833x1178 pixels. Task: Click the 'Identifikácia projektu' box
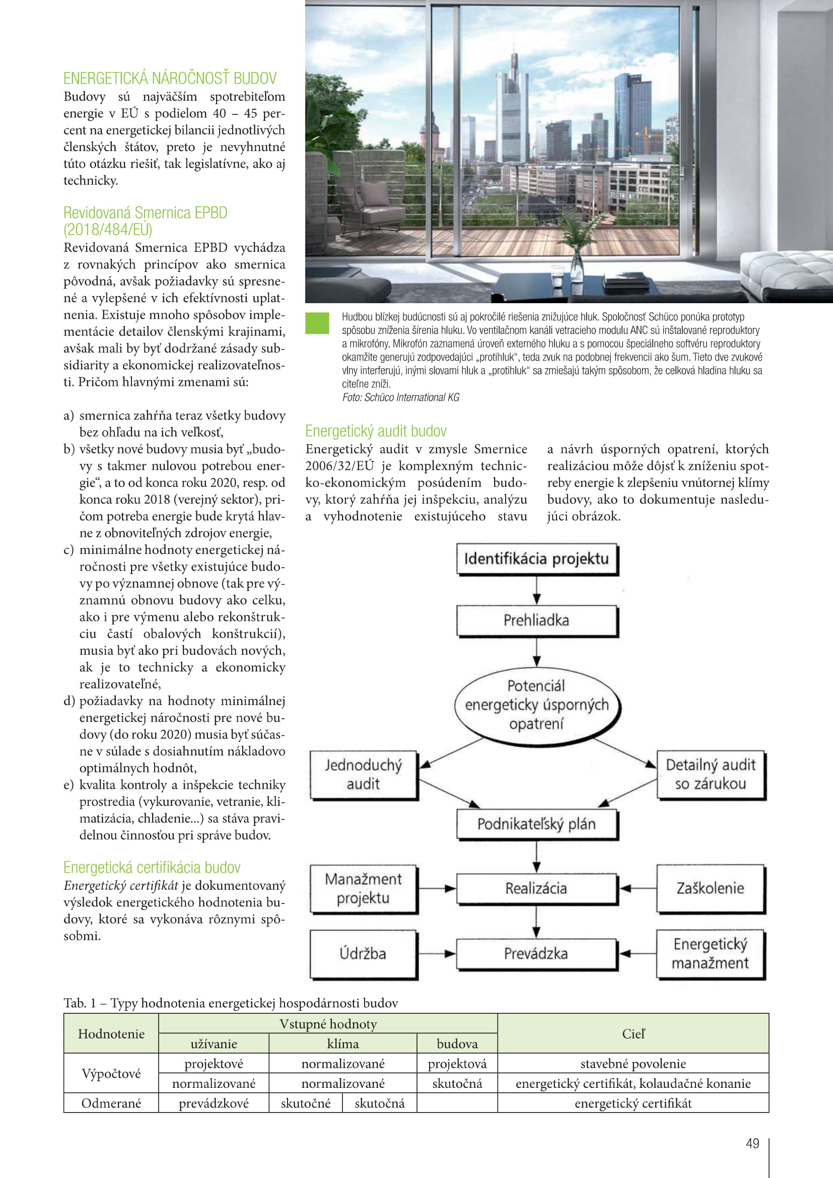coord(536,559)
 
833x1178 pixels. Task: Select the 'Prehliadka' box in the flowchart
coord(536,620)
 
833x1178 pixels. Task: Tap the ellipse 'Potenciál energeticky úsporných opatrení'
coord(536,705)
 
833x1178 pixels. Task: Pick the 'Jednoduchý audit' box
coord(363,774)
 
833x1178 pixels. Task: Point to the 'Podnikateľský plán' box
coord(536,823)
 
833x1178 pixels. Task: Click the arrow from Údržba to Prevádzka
coord(437,953)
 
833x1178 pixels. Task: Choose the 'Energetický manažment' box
coord(711,953)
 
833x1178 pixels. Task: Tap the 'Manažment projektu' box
coord(363,888)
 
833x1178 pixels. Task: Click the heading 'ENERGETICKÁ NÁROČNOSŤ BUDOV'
coord(170,79)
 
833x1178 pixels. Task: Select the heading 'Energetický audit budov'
coord(376,431)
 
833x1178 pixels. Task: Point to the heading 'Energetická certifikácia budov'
coord(152,867)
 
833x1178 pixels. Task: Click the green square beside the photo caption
coord(316,323)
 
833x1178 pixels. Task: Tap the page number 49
coord(752,1143)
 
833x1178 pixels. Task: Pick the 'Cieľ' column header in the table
coord(633,1034)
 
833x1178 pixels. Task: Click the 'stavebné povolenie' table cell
coord(633,1064)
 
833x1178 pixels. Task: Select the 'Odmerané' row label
coord(111,1103)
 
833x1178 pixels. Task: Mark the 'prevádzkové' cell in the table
coord(214,1103)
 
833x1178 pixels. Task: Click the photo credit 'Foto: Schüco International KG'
coord(400,397)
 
